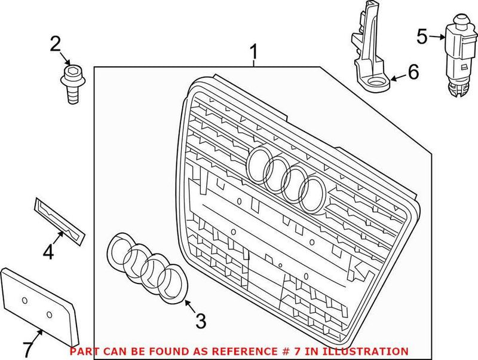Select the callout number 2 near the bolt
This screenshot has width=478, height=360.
click(55, 43)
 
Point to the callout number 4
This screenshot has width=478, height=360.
click(48, 252)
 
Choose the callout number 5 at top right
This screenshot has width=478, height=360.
click(422, 37)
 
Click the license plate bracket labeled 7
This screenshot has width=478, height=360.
click(39, 303)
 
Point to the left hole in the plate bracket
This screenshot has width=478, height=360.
click(24, 299)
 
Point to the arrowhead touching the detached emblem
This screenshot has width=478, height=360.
click(186, 303)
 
